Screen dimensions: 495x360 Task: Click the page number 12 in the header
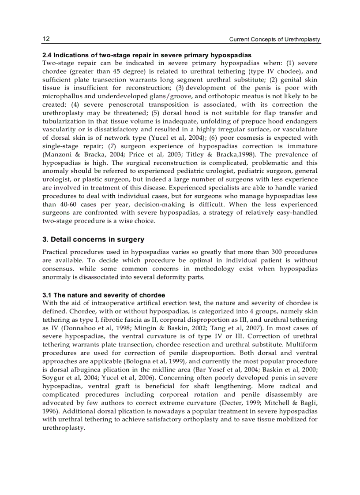pyautogui.click(x=46, y=39)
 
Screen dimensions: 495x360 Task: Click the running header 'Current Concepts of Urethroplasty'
pyautogui.click(x=274, y=40)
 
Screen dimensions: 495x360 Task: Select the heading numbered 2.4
pyautogui.click(x=147, y=55)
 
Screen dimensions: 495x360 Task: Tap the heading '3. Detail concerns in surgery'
pyautogui.click(x=93, y=239)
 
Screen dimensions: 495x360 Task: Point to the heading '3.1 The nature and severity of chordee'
pyautogui.click(x=104, y=295)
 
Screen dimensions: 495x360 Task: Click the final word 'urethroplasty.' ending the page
pyautogui.click(x=63, y=428)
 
